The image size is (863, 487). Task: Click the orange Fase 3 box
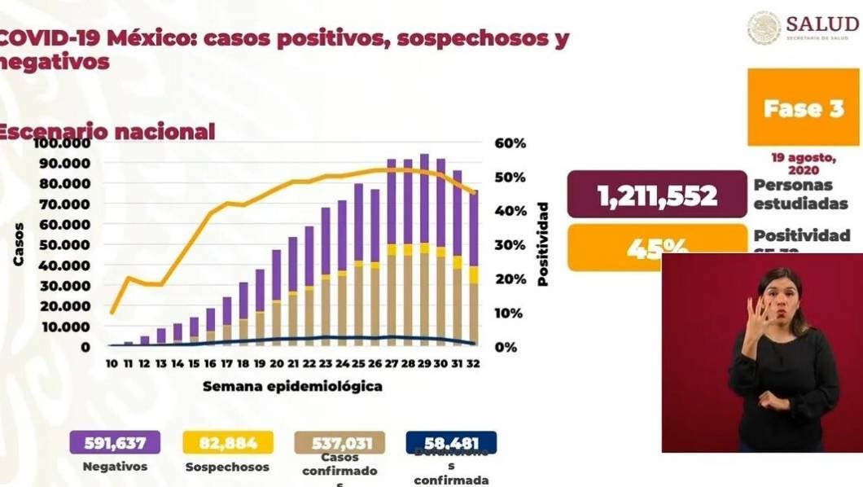coord(803,107)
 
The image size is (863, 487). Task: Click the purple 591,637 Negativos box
coord(115,443)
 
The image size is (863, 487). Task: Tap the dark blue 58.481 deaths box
coord(450,443)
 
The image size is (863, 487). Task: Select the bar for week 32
coord(473,269)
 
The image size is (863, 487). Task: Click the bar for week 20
coord(277,298)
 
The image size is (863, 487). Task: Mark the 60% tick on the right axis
coord(511,143)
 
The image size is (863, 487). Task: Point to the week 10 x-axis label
coord(112,363)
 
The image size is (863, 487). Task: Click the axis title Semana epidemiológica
coord(292,385)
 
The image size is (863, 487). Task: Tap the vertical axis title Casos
coord(18,244)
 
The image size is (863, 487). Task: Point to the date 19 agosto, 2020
coord(803,162)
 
